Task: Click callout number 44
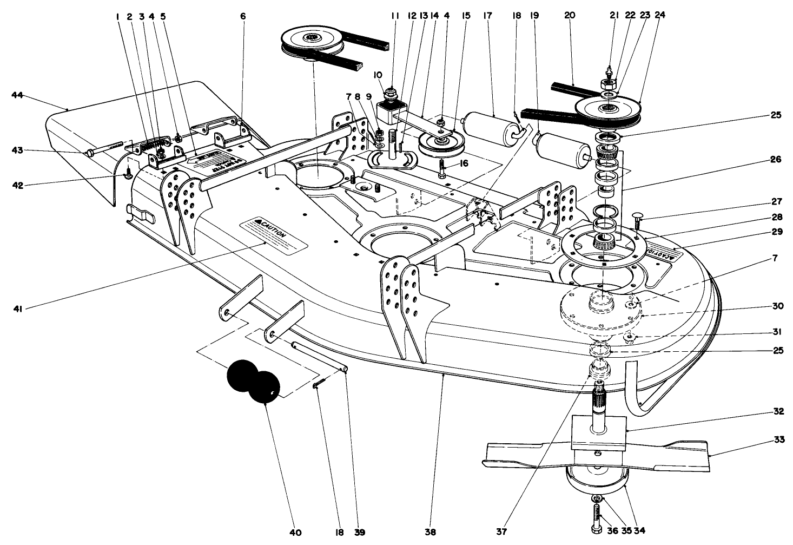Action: [x=17, y=95]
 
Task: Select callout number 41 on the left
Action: [x=17, y=308]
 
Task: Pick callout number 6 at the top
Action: [x=243, y=16]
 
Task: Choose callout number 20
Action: [x=569, y=15]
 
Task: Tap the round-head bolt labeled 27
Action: [x=636, y=219]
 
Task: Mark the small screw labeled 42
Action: [x=129, y=174]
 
